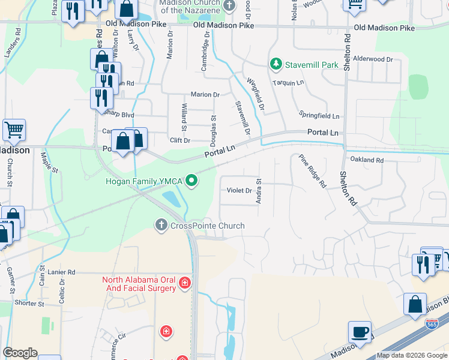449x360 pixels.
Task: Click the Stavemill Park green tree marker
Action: point(276,63)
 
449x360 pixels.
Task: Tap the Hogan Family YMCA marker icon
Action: point(191,180)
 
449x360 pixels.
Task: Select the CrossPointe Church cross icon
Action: point(161,226)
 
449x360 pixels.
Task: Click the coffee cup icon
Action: point(360,332)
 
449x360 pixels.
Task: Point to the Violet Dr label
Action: point(239,191)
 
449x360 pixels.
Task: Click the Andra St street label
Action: point(259,190)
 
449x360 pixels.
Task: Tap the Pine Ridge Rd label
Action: point(312,171)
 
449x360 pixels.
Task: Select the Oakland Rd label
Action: point(367,160)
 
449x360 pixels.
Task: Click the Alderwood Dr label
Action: point(373,59)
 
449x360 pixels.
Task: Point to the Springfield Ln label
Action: point(319,115)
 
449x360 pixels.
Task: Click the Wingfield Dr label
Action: point(256,95)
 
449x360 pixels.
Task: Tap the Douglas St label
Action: point(214,127)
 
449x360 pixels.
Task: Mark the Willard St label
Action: point(184,117)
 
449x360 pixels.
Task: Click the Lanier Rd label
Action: point(62,272)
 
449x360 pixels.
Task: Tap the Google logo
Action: point(20,353)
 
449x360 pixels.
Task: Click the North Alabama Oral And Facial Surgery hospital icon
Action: point(185,282)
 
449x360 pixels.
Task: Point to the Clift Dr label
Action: point(180,140)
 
